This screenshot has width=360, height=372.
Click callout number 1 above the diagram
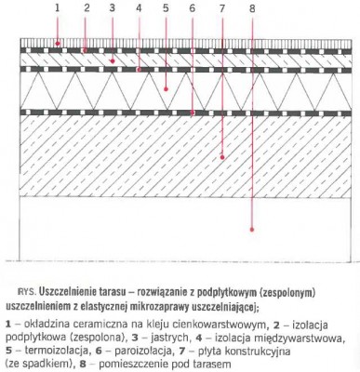click(x=57, y=8)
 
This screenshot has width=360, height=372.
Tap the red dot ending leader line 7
click(x=221, y=158)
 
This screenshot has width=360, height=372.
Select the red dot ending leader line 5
click(x=166, y=90)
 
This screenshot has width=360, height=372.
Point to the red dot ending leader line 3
click(x=112, y=60)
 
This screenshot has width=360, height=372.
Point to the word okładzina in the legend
click(x=45, y=312)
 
